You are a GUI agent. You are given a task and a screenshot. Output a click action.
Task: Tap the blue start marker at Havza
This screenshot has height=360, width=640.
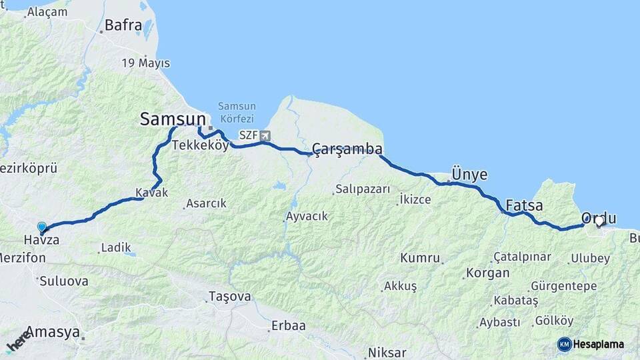pos(42,227)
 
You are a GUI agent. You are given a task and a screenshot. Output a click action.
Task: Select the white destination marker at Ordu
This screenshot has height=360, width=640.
pos(599,222)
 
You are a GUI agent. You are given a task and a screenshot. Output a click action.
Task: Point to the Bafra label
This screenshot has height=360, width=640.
pos(123,26)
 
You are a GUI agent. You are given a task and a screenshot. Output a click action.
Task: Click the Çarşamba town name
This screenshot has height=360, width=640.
pos(347,149)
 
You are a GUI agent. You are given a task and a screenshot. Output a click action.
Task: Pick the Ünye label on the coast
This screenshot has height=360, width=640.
pos(469,175)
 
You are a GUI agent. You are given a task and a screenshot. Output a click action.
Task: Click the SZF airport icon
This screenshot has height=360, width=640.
pos(266,136)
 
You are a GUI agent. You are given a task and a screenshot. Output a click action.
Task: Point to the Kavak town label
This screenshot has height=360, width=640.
pos(151,193)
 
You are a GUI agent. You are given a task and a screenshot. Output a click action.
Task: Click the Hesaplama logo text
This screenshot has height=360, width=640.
pos(598,344)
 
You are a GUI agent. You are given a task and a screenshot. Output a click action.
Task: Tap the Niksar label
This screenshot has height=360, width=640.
pos(387,353)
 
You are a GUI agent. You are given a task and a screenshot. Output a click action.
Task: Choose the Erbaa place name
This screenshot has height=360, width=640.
pos(288,326)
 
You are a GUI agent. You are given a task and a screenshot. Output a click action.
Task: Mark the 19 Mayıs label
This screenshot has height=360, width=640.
pos(145,63)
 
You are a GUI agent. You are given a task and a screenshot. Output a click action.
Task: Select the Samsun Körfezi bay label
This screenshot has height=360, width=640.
pos(237,111)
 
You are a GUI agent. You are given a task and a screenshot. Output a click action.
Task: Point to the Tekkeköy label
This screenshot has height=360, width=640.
pos(200,145)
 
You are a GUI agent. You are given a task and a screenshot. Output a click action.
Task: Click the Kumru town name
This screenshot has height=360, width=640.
pos(420,258)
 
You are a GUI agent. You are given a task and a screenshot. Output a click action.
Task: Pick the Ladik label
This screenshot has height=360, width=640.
pos(111,248)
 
